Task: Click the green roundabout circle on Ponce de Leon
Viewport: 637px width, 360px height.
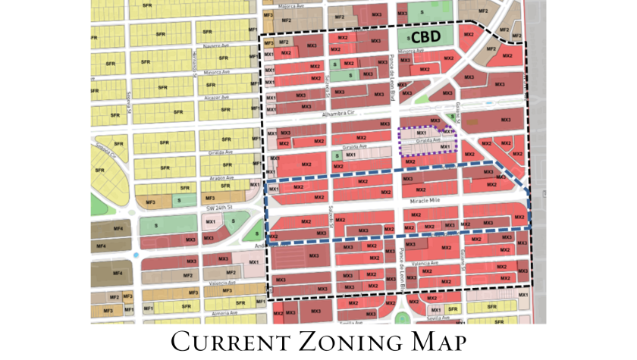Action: (x=400, y=317)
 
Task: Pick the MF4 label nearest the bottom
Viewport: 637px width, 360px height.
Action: (x=117, y=273)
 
